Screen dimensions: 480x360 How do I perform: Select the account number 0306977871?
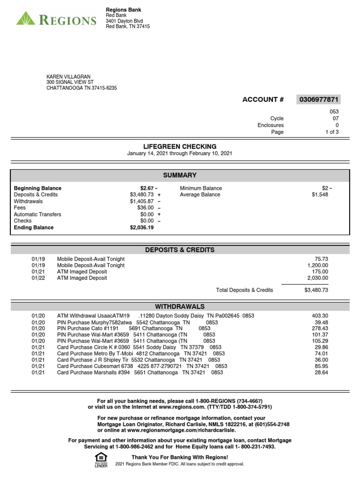tap(318, 99)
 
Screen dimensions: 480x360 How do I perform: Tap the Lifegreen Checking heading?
tap(180, 146)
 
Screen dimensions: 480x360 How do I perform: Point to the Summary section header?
tap(180, 175)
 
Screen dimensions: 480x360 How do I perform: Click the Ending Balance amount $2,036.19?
tap(142, 227)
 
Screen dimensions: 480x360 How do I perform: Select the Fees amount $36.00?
tap(144, 208)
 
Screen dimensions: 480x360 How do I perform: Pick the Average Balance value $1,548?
tap(320, 195)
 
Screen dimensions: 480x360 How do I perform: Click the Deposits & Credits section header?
tap(180, 250)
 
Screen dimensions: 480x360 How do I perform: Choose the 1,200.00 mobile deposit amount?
tap(318, 265)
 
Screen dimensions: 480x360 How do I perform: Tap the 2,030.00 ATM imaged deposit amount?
tap(318, 278)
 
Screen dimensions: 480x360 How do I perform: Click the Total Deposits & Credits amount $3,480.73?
tap(316, 290)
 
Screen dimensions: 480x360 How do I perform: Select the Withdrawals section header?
tap(180, 307)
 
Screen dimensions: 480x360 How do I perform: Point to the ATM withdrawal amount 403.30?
tap(320, 316)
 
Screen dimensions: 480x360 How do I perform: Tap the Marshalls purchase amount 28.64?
tap(321, 373)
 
